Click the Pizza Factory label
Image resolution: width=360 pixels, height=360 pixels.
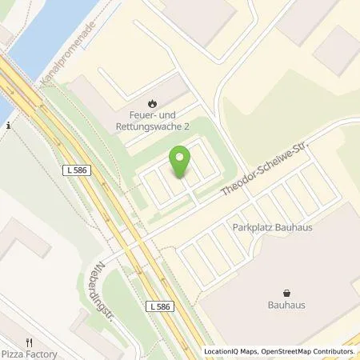click(x=29, y=353)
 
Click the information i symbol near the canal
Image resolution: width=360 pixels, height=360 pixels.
click(x=6, y=125)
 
